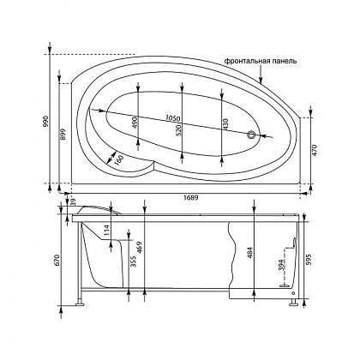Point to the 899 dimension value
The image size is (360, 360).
click(x=63, y=134)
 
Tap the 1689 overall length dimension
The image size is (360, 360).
click(x=192, y=197)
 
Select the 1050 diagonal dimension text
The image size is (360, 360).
click(x=172, y=118)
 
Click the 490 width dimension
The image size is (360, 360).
click(x=135, y=123)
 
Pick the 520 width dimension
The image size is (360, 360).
click(x=178, y=130)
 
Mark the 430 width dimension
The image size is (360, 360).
click(x=225, y=124)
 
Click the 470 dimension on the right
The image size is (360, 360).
click(x=315, y=150)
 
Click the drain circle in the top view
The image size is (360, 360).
click(x=251, y=135)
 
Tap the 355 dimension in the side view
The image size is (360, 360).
click(x=133, y=261)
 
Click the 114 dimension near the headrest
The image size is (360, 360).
click(x=106, y=231)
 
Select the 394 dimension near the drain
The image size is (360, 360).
click(x=281, y=264)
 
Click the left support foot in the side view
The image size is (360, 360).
click(x=79, y=303)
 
